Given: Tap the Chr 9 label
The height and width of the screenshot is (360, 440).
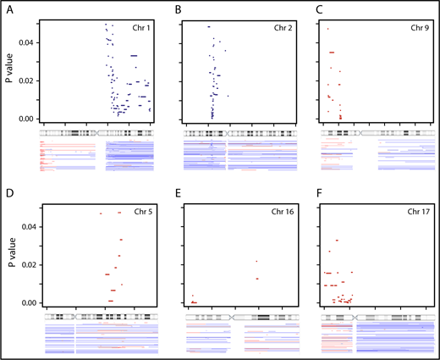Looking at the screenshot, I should (x=421, y=28).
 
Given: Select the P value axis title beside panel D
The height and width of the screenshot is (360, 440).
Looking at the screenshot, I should (x=8, y=263).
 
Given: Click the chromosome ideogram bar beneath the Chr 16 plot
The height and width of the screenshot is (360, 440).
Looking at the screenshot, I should (x=239, y=316).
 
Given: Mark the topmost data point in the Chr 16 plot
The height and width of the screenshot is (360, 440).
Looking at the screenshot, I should (x=256, y=262).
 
